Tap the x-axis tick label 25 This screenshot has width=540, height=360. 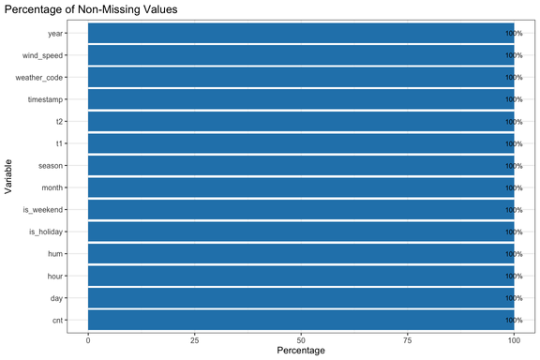tap(194, 338)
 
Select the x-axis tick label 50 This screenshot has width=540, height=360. tap(301, 338)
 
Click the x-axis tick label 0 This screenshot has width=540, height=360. tap(88, 338)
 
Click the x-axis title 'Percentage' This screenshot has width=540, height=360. tap(301, 352)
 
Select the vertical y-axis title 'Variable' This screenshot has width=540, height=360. tap(8, 176)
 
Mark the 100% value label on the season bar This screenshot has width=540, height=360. tap(514, 166)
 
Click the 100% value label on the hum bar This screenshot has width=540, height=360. tap(514, 254)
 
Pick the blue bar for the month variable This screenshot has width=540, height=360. tap(301, 187)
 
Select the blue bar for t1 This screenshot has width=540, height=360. tap(301, 143)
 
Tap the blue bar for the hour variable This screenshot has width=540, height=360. tap(301, 276)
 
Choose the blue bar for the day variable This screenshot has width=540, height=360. tap(301, 298)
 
